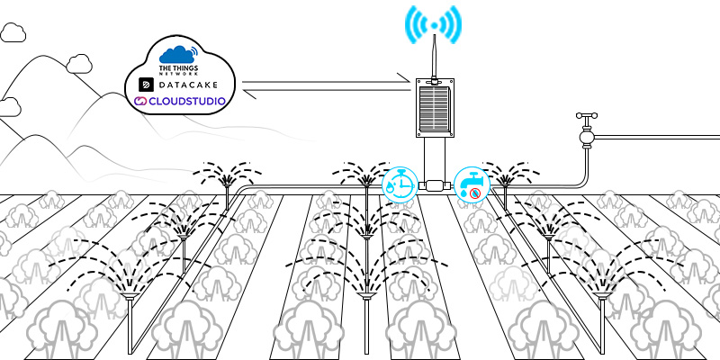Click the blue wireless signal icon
(x=433, y=25)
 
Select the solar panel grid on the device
(x=434, y=107)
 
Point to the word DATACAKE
(x=188, y=85)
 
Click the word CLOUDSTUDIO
(x=187, y=101)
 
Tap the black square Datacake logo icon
(x=146, y=85)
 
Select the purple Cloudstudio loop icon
(x=140, y=101)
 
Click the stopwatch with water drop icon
(x=400, y=184)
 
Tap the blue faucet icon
(x=472, y=184)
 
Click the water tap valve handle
(x=587, y=115)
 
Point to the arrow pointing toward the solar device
(x=326, y=81)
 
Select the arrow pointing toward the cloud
(x=327, y=91)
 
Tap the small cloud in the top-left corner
(x=13, y=32)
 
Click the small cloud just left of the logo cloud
(x=79, y=64)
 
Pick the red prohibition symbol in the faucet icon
(x=475, y=194)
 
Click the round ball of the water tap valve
(x=587, y=137)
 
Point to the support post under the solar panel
(x=434, y=158)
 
